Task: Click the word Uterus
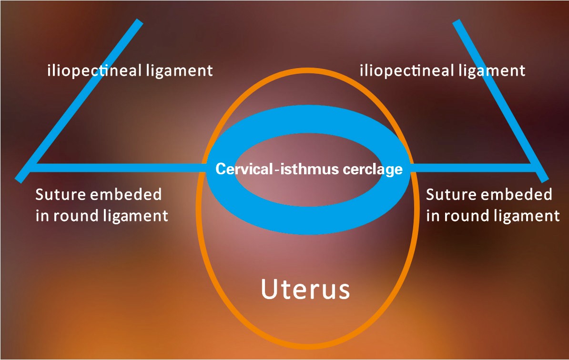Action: [x=305, y=289]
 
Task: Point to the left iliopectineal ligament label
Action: [x=130, y=71]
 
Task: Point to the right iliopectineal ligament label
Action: [x=442, y=71]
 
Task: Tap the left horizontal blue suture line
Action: [x=119, y=167]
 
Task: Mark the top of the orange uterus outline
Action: [x=305, y=70]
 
